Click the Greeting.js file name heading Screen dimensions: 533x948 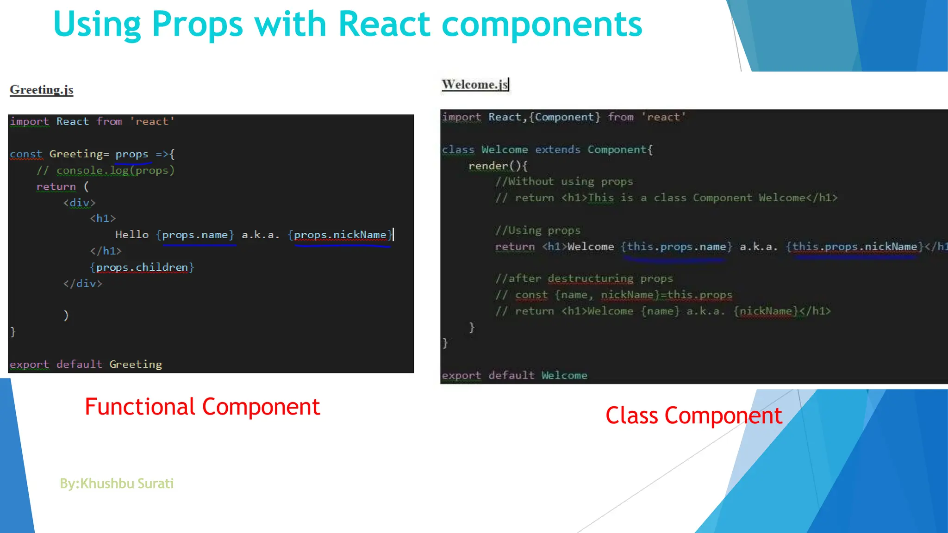[x=42, y=90]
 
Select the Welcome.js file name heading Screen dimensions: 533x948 [x=475, y=85]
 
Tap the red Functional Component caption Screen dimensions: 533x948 [x=202, y=407]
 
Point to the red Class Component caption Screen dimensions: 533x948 [x=693, y=415]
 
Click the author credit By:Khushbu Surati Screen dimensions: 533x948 [x=117, y=483]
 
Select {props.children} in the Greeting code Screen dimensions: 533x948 [x=142, y=267]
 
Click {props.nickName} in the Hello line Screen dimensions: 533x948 [x=340, y=235]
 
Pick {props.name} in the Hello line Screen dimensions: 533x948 [x=195, y=235]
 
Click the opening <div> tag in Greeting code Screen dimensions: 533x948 [x=79, y=203]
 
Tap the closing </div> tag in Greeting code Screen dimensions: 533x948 [x=82, y=284]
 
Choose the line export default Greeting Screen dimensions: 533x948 [x=86, y=365]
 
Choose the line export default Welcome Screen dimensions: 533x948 [x=514, y=375]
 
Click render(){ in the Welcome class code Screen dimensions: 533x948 [x=498, y=166]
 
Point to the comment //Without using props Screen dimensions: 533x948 [x=564, y=181]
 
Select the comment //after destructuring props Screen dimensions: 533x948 [x=584, y=279]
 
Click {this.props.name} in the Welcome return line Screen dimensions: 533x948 [x=676, y=247]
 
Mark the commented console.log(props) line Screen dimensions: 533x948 [x=106, y=170]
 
